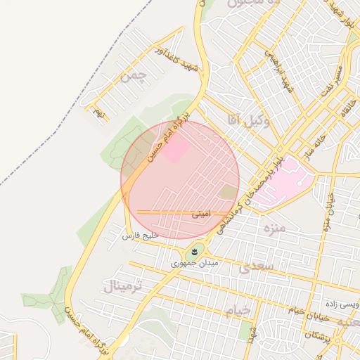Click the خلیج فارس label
[143, 233]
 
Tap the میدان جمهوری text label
[195, 264]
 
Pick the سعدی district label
[254, 268]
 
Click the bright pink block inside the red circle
[176, 149]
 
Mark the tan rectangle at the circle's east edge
[228, 191]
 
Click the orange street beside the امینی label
[169, 212]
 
